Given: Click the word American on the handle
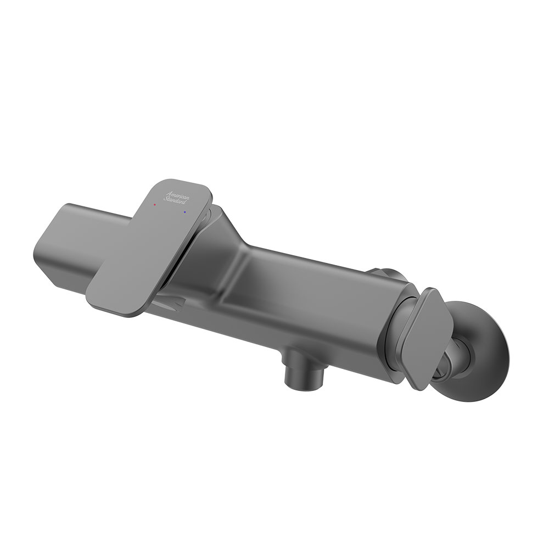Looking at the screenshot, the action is click(178, 195).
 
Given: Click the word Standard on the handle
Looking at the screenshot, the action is click(175, 200).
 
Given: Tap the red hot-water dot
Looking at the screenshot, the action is click(155, 204).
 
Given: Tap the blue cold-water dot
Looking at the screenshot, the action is click(184, 212).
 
